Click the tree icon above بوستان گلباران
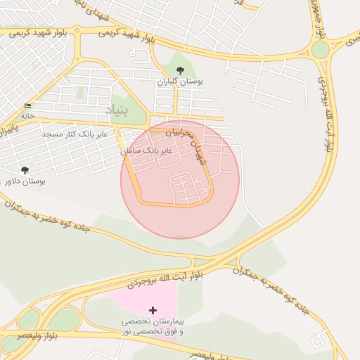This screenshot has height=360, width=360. (181, 70)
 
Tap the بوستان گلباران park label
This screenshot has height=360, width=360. (181, 82)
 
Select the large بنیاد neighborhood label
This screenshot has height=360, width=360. (119, 110)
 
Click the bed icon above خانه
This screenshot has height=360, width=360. (28, 105)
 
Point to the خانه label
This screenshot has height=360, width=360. (27, 115)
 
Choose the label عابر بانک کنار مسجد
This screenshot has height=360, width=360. (74, 134)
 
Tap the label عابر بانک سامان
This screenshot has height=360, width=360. (146, 150)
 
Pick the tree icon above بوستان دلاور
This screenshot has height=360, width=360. (25, 170)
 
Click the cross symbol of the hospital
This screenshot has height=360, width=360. (153, 310)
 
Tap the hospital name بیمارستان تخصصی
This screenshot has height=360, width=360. (153, 322)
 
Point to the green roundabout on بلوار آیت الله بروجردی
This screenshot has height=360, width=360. (321, 50)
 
